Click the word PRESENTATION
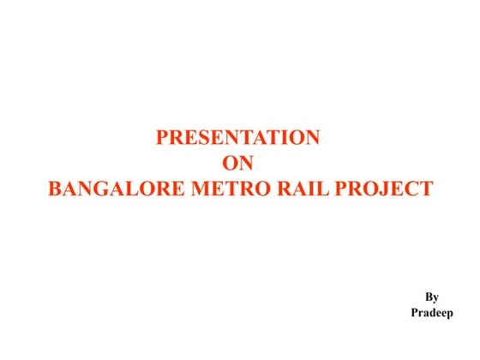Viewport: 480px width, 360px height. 238,137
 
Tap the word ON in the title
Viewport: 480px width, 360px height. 239,163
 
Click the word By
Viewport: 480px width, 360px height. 432,297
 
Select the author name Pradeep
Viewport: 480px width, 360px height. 432,314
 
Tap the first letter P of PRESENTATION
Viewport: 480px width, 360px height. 163,137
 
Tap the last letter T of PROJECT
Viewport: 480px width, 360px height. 425,189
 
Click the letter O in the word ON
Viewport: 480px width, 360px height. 231,163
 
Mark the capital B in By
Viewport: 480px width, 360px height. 429,297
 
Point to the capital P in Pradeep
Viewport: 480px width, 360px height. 414,314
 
